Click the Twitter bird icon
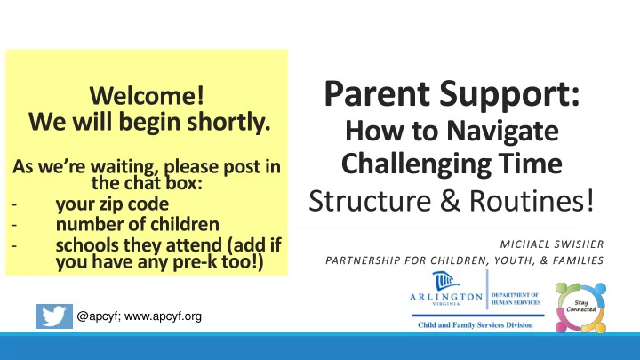54,316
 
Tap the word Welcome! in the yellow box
147,95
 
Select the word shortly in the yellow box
228,122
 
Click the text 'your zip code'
112,204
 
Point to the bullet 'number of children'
138,224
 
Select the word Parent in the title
377,94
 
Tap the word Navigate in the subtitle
502,132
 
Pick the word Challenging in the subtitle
416,164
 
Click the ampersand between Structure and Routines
450,200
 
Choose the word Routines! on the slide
532,200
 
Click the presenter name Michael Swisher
552,244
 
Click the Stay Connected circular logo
580,308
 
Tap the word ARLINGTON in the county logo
446,297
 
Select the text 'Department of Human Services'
516,299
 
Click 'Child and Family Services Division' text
476,325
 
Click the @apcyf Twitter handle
98,316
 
